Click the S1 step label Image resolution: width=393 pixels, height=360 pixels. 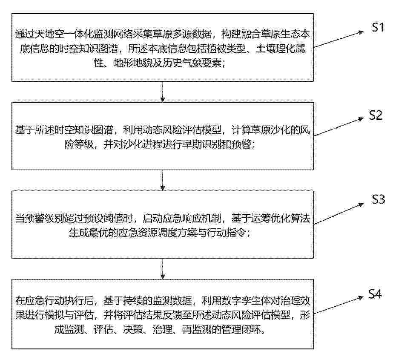[378, 27]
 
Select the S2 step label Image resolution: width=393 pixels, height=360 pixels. [376, 115]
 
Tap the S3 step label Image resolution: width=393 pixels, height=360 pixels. [378, 199]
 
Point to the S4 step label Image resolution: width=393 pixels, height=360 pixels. [375, 294]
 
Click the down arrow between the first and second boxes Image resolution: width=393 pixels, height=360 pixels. [163, 92]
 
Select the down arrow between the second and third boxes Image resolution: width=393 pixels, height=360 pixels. [163, 180]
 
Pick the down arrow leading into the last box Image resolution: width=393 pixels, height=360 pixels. [163, 268]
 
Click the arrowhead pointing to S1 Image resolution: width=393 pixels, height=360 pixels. [361, 32]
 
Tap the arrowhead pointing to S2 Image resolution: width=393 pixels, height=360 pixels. [361, 119]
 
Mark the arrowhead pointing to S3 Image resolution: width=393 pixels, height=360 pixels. [361, 205]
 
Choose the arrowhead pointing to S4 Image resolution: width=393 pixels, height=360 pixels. [361, 297]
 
